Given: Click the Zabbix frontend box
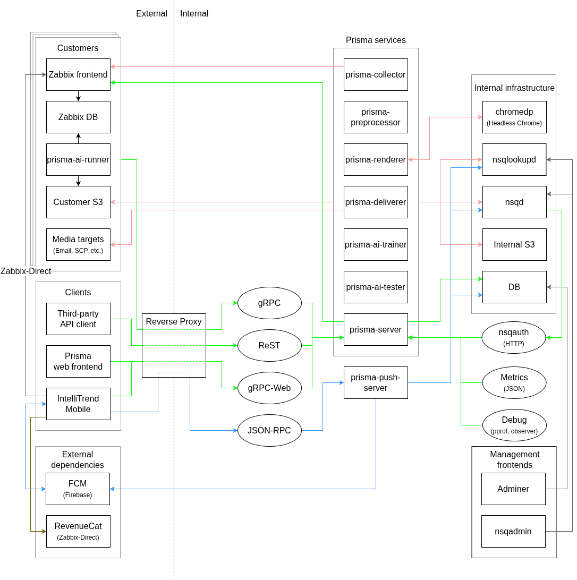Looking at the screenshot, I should coord(78,74).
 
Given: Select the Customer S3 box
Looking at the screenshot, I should coord(78,202).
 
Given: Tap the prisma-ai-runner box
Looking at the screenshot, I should coord(78,159).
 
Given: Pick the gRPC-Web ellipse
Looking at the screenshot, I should coord(269,388).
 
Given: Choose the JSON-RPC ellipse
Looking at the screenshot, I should coord(269,430).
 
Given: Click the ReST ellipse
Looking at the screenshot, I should coord(269,345).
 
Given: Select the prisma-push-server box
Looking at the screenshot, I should coord(376,382).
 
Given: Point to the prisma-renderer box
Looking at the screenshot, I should coord(376,159).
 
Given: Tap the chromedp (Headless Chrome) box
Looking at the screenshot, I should coord(514,117).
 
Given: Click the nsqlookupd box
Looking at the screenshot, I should coord(514,159).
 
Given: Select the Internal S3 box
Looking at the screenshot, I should coord(514,244).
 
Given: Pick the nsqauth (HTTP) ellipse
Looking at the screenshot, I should coord(514,337).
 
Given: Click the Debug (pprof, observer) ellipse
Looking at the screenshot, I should coord(514,425).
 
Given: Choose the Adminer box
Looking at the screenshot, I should coord(513,489).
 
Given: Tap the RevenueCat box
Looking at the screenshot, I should coord(78,531).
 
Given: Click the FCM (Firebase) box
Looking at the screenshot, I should coord(78,489).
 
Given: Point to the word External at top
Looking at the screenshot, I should coord(151,14).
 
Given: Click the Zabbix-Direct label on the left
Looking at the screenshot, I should coord(26,271).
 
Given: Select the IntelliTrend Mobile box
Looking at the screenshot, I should coord(78,404).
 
